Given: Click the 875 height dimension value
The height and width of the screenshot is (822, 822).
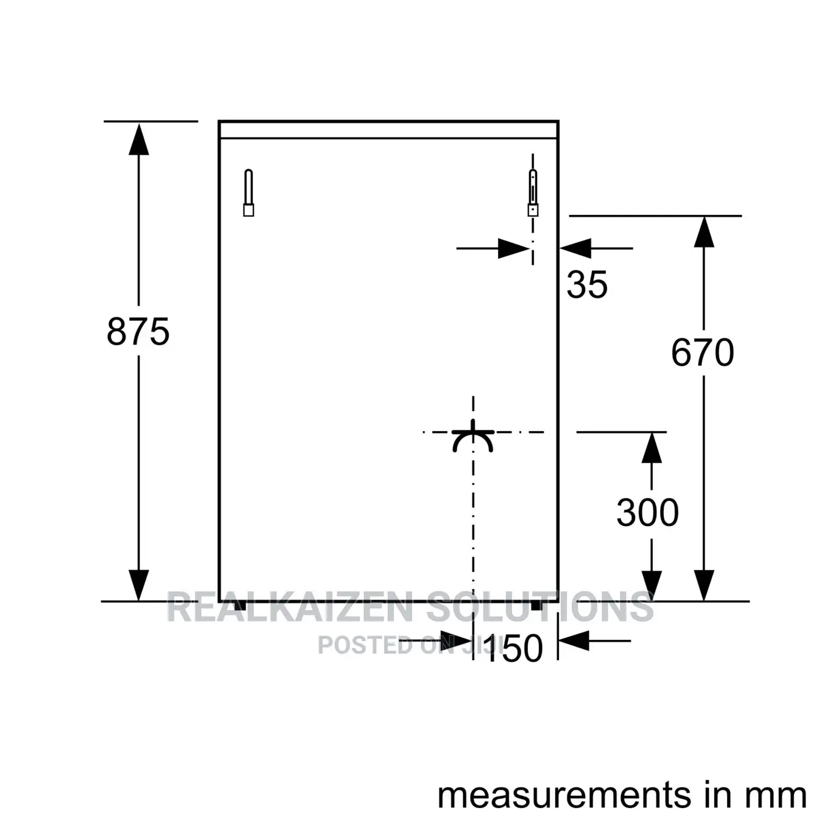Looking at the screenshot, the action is point(138,331).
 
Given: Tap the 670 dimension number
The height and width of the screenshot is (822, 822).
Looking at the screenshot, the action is point(702,353).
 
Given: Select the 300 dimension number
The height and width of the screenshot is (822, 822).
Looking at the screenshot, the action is point(647,512).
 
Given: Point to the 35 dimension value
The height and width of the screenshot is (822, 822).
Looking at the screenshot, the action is point(587,284).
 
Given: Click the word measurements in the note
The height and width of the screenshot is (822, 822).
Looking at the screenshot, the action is point(564,795).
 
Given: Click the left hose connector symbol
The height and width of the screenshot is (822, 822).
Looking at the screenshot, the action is point(248,193).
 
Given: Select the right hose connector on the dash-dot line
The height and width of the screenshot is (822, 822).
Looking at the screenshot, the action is point(533,193).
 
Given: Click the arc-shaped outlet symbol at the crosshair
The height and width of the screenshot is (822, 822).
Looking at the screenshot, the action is point(472,437).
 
